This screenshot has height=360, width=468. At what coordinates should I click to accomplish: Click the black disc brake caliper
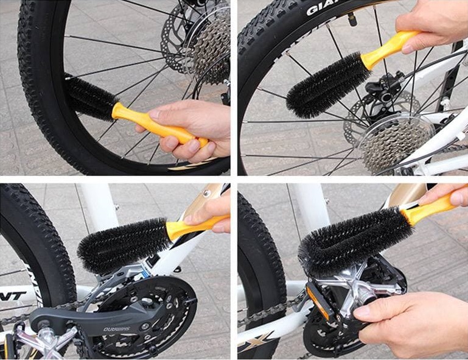382,91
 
